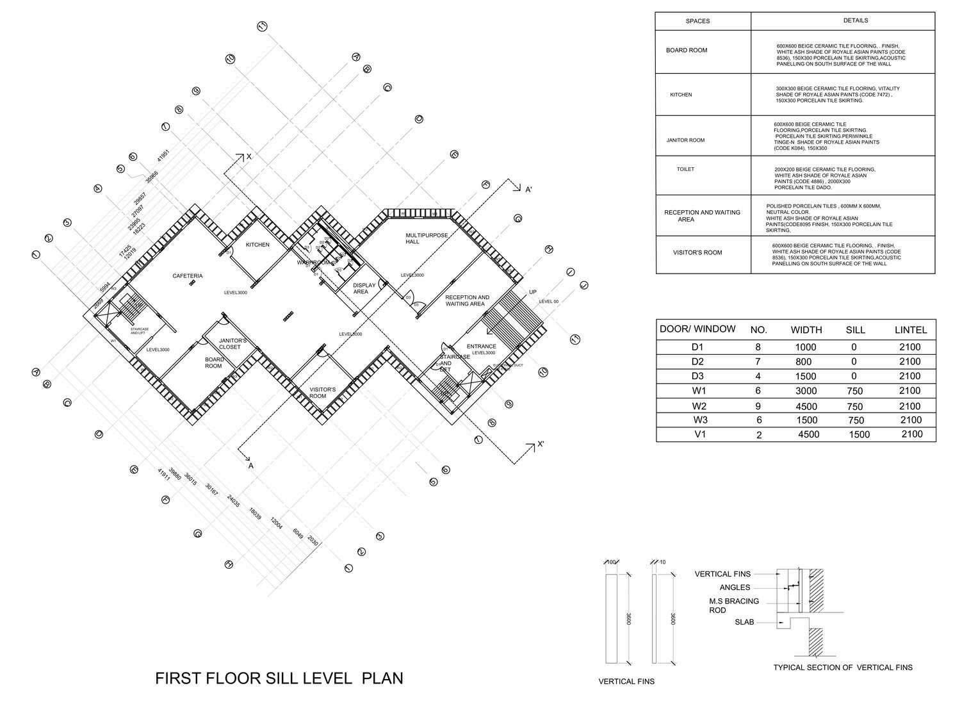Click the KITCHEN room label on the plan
point(258,245)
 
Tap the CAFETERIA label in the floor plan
point(188,276)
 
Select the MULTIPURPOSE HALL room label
point(422,239)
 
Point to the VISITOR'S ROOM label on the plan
point(323,393)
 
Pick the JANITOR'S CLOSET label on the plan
point(232,344)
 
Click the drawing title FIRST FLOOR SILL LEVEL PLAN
point(279,678)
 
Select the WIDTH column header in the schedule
point(806,330)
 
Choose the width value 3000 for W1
point(806,391)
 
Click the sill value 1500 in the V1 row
point(859,435)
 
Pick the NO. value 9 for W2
point(759,405)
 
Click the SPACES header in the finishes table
point(697,21)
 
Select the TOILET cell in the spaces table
point(685,170)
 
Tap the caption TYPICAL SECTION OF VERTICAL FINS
point(843,667)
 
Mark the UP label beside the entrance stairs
point(532,292)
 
